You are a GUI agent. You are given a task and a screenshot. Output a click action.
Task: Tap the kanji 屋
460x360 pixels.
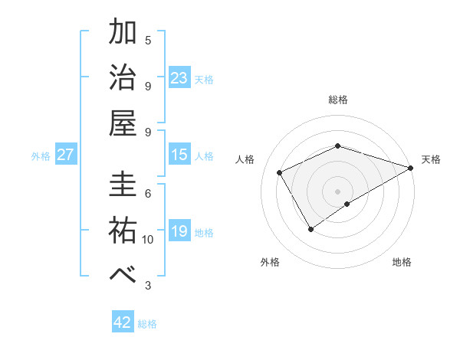tap(123, 123)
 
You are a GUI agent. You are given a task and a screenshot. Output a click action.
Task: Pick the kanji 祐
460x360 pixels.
tap(123, 231)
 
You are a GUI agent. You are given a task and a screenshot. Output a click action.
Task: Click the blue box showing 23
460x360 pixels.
tap(179, 77)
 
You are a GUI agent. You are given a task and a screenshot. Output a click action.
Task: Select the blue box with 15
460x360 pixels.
tap(179, 155)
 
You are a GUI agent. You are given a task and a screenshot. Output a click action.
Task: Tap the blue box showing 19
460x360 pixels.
tap(179, 231)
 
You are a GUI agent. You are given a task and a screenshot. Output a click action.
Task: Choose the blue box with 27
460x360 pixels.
tap(66, 155)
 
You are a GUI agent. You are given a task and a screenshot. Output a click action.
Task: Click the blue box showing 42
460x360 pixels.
tap(123, 322)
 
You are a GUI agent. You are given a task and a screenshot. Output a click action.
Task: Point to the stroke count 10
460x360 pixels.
tap(148, 240)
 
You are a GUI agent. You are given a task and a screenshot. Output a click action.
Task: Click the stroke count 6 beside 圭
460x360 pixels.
tap(148, 193)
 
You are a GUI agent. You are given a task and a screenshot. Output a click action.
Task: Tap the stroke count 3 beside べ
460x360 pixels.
tap(148, 286)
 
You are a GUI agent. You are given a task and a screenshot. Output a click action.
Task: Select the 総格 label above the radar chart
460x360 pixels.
tap(338, 100)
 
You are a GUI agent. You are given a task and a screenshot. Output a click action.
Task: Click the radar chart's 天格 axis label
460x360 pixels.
tap(431, 159)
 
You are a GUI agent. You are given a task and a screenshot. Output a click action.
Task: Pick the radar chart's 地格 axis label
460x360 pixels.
tap(402, 262)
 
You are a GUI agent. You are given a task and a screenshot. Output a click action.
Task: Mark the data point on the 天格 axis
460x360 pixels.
tap(410, 167)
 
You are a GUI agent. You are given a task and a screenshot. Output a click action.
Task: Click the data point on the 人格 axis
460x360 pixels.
tap(280, 172)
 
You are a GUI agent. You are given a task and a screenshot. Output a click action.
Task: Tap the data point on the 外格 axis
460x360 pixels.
tap(311, 228)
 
